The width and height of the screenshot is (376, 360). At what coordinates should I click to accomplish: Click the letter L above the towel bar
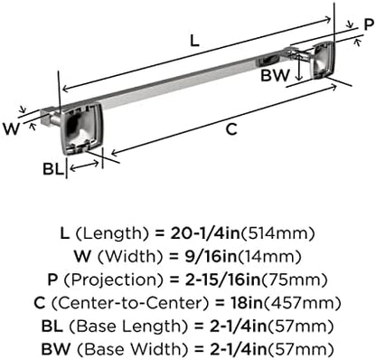(194, 41)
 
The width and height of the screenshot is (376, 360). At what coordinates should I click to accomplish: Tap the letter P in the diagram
(369, 24)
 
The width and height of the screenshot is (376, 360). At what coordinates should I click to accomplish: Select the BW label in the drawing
(275, 75)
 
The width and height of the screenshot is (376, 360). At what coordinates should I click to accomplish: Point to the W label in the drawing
(11, 128)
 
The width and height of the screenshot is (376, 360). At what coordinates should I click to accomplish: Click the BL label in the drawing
(53, 169)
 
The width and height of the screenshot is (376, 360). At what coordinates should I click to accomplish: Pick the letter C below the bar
(231, 129)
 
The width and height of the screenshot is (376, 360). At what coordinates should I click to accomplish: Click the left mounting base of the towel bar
(81, 128)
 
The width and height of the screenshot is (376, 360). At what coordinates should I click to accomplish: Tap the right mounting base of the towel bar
(324, 60)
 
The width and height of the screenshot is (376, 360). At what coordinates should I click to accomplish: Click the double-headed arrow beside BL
(84, 166)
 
